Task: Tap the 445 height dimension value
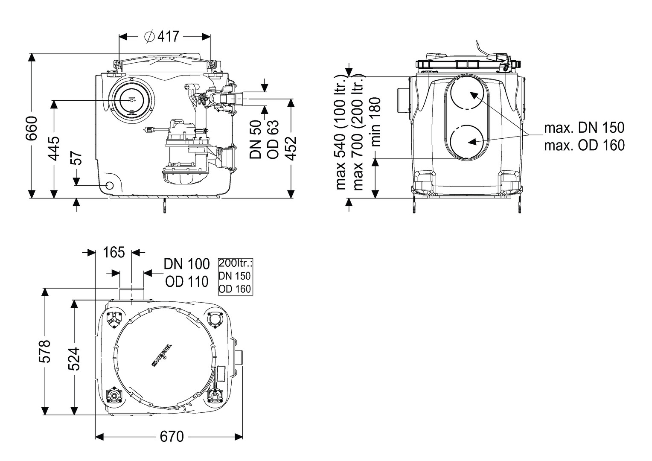pyautogui.click(x=54, y=149)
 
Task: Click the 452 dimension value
pyautogui.click(x=291, y=148)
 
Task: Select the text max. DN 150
pyautogui.click(x=584, y=127)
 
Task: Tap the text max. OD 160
pyautogui.click(x=584, y=145)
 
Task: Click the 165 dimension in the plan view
pyautogui.click(x=114, y=252)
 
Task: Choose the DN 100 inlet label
pyautogui.click(x=187, y=264)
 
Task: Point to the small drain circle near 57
pyautogui.click(x=109, y=186)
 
